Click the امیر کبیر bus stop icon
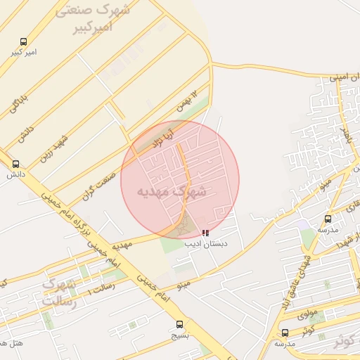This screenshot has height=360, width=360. point(24,42)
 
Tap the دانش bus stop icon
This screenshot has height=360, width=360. point(16,164)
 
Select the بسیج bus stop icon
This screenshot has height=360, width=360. point(180,324)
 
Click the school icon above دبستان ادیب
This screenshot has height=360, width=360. point(205,233)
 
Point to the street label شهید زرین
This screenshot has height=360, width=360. point(54,148)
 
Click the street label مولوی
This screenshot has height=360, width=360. point(307,312)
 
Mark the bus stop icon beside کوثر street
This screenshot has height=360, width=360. point(285,333)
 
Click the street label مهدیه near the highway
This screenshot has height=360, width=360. point(122,245)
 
